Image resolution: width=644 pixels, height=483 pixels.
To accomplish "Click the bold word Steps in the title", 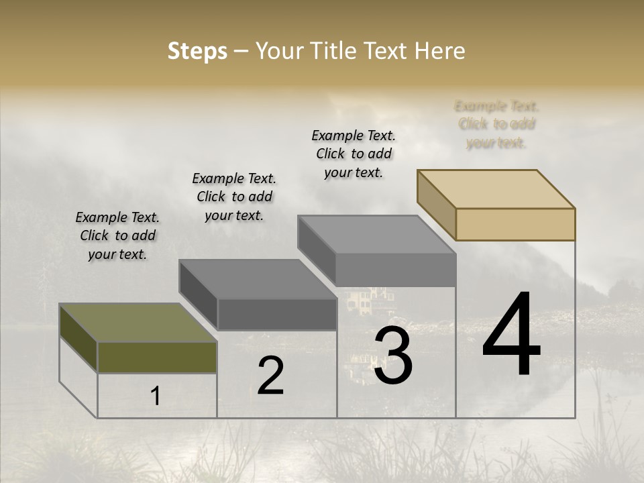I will click(197, 51).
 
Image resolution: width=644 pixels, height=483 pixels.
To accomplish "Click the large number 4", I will click(512, 335).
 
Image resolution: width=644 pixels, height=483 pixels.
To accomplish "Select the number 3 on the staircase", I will click(393, 356).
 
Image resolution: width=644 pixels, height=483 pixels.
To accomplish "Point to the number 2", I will click(270, 376).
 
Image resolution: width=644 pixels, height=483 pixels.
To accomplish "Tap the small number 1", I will click(155, 396).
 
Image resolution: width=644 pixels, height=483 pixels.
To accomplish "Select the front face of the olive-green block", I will click(157, 357).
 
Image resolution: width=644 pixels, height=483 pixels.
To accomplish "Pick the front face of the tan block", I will click(515, 224).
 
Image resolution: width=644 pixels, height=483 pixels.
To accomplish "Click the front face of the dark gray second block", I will click(277, 314).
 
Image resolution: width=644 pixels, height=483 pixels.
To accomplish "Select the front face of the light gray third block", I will click(396, 270).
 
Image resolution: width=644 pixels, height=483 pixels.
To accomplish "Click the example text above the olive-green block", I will click(117, 236).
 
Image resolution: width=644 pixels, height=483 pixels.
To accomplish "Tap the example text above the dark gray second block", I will click(234, 197).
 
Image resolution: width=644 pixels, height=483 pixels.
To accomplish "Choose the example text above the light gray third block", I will click(354, 154).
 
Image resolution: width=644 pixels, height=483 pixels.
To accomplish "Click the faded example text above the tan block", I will click(496, 124).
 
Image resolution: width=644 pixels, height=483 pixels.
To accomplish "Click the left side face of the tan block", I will click(436, 205).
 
